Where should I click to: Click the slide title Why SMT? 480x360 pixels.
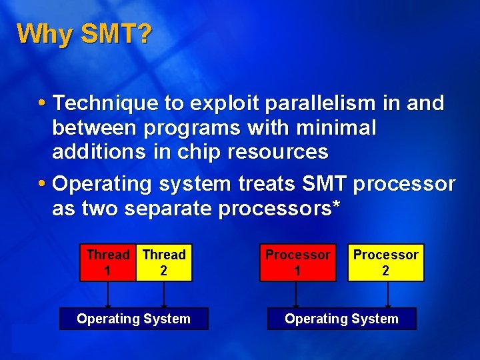85,34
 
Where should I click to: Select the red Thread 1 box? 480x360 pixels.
107,263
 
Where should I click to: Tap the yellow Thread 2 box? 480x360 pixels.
163,263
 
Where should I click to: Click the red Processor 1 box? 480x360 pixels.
297,263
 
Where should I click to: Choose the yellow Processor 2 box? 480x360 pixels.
385,263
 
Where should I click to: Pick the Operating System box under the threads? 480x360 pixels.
133,319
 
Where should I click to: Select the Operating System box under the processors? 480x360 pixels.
341,319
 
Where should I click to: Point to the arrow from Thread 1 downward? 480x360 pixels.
107,295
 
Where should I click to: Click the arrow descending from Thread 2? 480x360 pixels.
163,295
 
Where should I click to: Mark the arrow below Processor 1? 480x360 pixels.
297,295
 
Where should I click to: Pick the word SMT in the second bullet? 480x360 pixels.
324,183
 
